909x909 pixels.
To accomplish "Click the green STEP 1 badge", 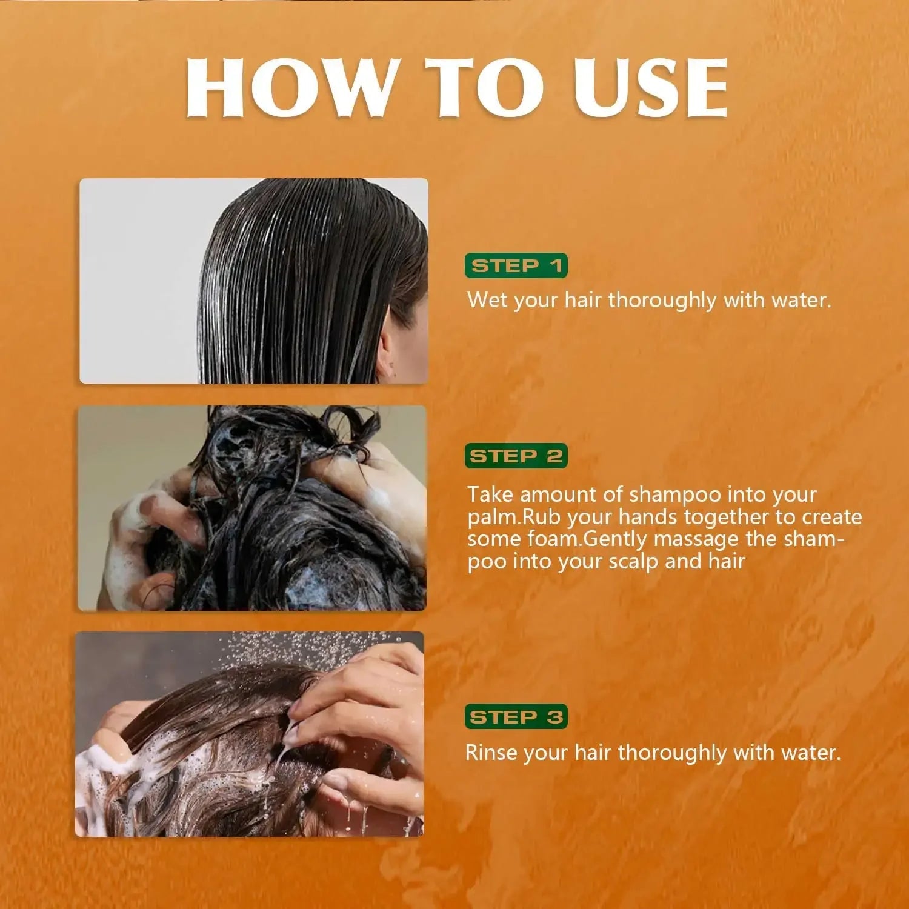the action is [516, 265].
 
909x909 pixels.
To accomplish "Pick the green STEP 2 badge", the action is [516, 456].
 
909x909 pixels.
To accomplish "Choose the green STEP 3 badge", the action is [516, 717].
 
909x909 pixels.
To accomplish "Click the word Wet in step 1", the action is [487, 300].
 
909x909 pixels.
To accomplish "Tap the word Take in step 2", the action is [491, 494].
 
